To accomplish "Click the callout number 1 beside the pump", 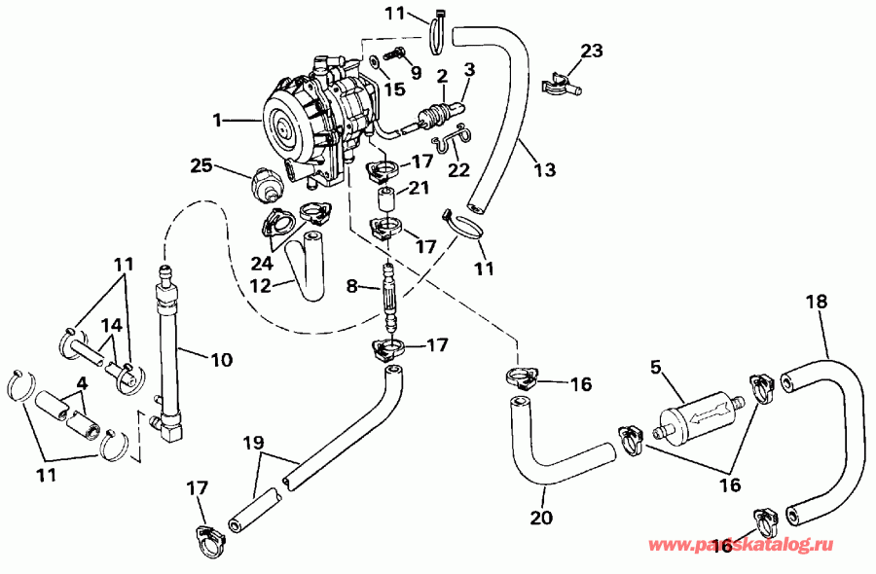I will pyautogui.click(x=220, y=121).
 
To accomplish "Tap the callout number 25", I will pyautogui.click(x=201, y=165).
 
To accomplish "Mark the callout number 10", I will pyautogui.click(x=221, y=360).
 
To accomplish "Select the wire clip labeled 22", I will pyautogui.click(x=450, y=146).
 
